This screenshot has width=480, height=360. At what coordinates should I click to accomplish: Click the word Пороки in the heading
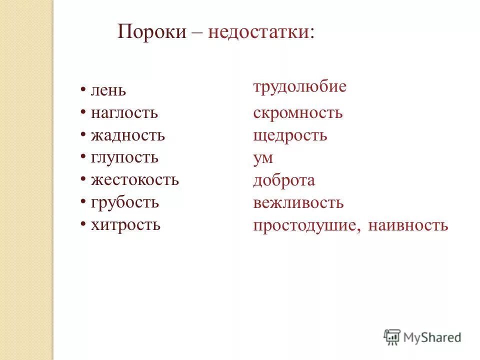click(152, 32)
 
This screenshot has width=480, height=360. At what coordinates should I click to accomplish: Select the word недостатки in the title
click(261, 32)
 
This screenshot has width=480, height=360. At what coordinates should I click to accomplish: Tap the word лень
click(108, 91)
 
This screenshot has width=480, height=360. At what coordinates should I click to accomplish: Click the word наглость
click(124, 113)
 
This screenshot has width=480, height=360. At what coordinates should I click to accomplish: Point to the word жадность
click(128, 135)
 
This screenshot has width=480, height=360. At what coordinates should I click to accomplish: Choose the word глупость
click(124, 158)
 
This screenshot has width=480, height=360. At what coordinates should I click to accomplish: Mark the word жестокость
click(135, 180)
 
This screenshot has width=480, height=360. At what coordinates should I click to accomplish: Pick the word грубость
click(125, 202)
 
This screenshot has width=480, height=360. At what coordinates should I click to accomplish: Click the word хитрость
click(125, 225)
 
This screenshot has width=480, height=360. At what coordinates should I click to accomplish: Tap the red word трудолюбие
click(299, 87)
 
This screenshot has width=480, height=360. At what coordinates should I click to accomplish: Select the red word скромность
click(298, 113)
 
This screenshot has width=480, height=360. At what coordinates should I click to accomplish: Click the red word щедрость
click(290, 135)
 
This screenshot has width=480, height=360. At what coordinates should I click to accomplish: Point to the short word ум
click(263, 158)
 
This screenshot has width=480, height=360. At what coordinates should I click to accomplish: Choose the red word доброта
click(284, 180)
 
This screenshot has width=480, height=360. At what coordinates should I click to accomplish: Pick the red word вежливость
click(298, 203)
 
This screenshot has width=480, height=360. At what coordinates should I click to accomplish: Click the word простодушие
click(306, 225)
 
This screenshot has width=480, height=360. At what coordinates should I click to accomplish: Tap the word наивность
click(408, 225)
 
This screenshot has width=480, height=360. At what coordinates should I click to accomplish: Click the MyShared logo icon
click(392, 337)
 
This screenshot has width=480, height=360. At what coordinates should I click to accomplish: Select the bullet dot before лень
click(83, 90)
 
